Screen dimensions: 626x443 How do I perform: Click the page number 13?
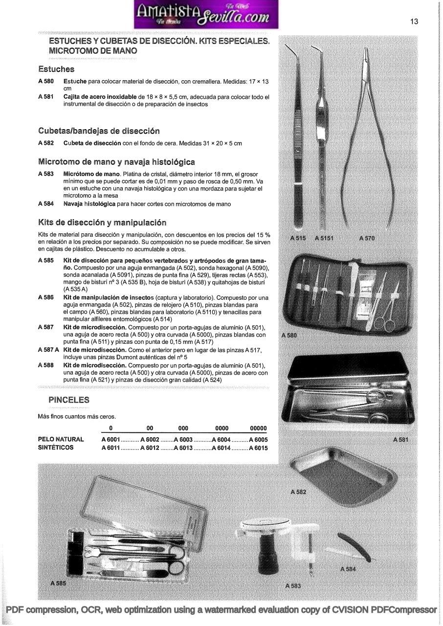(414, 22)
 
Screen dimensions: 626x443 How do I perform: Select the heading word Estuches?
(56, 69)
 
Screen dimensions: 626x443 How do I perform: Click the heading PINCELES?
(69, 400)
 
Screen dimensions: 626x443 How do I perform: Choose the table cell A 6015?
(258, 447)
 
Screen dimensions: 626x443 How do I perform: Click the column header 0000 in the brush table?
(221, 428)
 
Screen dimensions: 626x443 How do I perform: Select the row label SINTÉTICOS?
(56, 447)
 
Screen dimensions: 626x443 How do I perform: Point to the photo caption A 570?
(367, 238)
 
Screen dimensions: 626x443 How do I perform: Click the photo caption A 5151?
(324, 238)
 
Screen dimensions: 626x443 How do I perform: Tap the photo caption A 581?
(400, 440)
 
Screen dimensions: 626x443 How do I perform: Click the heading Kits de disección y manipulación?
(102, 223)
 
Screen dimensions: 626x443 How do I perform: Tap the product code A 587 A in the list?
(48, 350)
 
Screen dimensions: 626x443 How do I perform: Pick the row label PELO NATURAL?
(61, 440)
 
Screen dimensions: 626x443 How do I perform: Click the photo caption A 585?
(58, 583)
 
